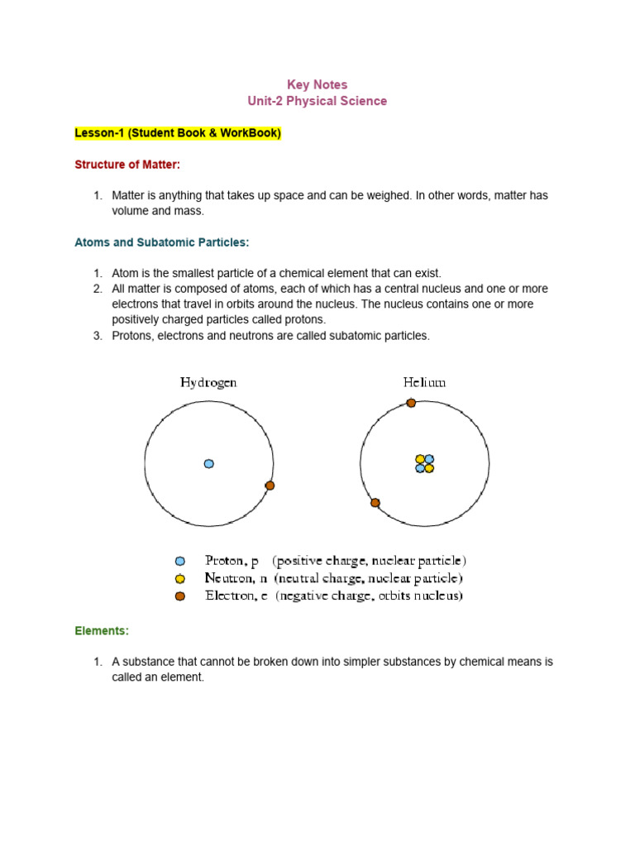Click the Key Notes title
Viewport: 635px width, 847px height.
[317, 84]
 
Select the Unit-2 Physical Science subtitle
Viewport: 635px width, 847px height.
[317, 101]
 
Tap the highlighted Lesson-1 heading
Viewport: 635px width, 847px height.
[178, 133]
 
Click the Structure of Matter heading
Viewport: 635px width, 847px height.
[127, 165]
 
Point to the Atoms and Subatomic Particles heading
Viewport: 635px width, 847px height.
[161, 242]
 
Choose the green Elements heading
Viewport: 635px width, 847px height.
[102, 630]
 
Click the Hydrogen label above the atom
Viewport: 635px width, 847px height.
[208, 382]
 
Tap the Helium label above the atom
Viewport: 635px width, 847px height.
[424, 382]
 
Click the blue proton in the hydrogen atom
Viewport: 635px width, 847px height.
[208, 464]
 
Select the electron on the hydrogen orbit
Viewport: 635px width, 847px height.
[270, 486]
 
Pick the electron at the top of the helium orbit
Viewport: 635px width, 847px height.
[411, 403]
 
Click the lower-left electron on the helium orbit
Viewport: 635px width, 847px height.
[375, 502]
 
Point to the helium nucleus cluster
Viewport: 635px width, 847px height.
[424, 464]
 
